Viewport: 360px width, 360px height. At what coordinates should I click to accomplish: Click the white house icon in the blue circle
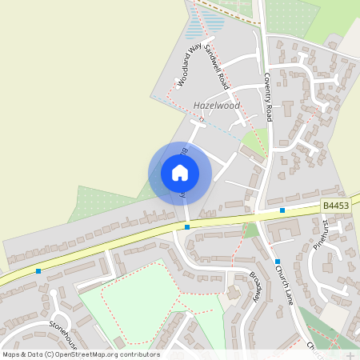179,173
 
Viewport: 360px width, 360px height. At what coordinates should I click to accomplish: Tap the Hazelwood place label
217,106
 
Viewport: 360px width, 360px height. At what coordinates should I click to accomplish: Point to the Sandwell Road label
216,66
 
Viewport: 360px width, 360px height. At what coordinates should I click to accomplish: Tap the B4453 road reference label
336,206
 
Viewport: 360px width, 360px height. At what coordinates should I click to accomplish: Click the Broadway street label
255,286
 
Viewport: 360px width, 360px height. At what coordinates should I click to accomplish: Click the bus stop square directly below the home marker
187,227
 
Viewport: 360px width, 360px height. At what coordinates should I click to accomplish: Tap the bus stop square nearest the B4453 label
282,210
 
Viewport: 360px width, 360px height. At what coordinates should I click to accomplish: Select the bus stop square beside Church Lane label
277,262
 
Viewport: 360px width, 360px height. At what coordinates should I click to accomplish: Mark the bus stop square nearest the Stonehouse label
38,271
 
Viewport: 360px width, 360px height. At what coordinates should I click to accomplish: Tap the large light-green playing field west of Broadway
132,300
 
